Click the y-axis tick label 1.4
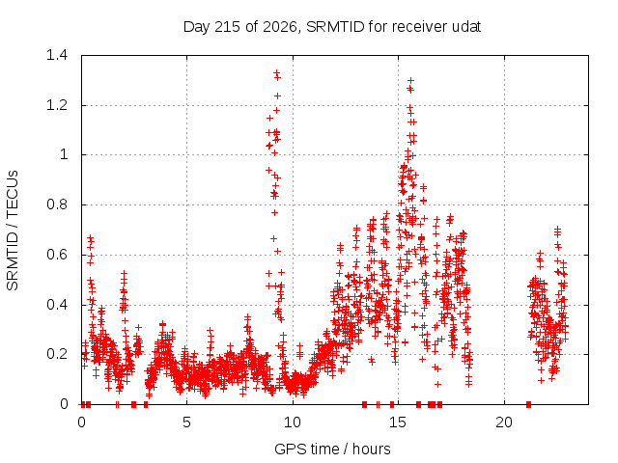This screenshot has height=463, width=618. click(57, 55)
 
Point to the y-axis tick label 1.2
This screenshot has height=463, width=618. click(57, 105)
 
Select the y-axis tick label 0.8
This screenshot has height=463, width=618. click(57, 204)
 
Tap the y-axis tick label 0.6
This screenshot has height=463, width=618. click(57, 255)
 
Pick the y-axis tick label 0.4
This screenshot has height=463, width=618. click(57, 305)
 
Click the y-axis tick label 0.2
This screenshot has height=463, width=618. click(57, 354)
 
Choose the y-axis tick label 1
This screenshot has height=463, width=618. click(64, 154)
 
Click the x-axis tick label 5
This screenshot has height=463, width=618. click(186, 422)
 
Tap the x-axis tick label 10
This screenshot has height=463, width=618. click(293, 422)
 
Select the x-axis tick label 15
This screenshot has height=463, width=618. click(398, 422)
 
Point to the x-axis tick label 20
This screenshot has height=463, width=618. click(504, 422)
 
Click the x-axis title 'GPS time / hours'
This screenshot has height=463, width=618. click(332, 449)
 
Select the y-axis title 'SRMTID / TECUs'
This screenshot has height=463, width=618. click(13, 231)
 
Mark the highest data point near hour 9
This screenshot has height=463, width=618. click(277, 72)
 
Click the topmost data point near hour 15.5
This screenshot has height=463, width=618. click(410, 81)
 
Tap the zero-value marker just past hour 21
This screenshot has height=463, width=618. click(528, 404)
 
